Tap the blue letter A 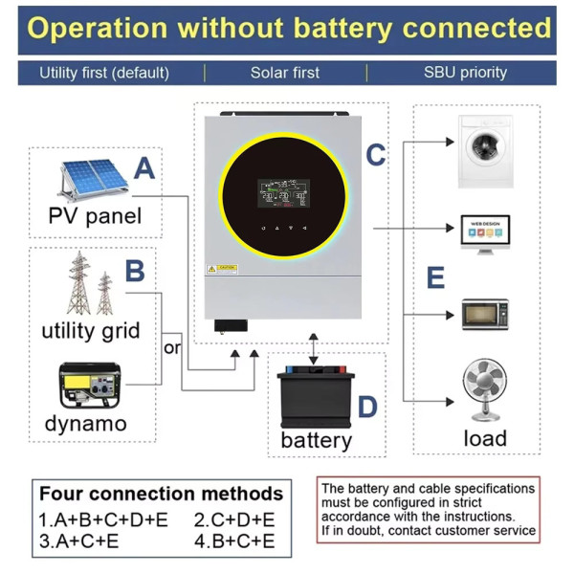pyautogui.click(x=143, y=168)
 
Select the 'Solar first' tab pyautogui.click(x=285, y=73)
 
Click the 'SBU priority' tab pyautogui.click(x=465, y=73)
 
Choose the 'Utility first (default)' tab pyautogui.click(x=104, y=73)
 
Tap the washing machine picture pyautogui.click(x=485, y=151)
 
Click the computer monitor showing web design pyautogui.click(x=485, y=234)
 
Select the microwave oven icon pyautogui.click(x=485, y=315)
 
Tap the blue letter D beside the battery pyautogui.click(x=367, y=408)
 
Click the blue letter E pyautogui.click(x=435, y=278)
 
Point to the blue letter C pyautogui.click(x=376, y=154)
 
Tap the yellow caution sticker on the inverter pyautogui.click(x=223, y=269)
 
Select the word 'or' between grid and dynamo pyautogui.click(x=172, y=347)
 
